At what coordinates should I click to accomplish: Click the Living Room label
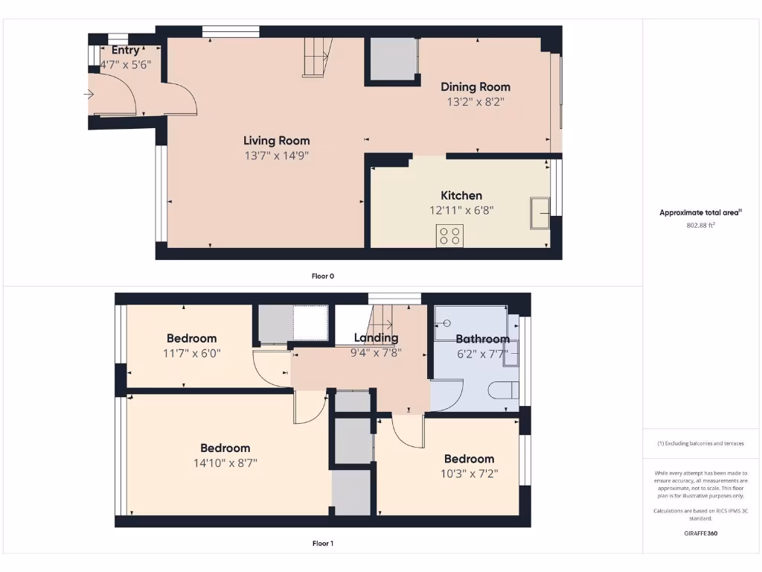click(276, 140)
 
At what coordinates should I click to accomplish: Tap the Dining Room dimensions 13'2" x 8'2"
click(476, 102)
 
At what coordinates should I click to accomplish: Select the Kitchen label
click(461, 195)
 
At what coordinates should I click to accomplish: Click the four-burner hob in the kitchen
click(449, 235)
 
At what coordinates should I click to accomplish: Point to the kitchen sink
click(540, 213)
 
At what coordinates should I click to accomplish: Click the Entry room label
click(125, 50)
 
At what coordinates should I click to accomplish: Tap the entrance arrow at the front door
click(89, 95)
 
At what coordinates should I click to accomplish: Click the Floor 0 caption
click(322, 276)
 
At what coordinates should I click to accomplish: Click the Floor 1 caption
click(322, 543)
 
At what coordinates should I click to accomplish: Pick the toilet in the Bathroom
click(505, 390)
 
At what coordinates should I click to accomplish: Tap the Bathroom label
click(482, 339)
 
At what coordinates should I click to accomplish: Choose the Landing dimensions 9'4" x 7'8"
click(376, 353)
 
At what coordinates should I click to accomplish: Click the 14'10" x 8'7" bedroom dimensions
click(225, 463)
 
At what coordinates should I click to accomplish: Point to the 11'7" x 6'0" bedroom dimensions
click(192, 353)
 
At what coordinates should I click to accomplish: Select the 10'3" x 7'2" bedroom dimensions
click(469, 473)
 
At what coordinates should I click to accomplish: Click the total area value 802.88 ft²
click(699, 225)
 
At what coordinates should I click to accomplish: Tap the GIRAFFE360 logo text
click(699, 533)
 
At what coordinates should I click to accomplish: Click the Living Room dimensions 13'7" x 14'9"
click(276, 156)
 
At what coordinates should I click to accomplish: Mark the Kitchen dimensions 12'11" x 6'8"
click(461, 211)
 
